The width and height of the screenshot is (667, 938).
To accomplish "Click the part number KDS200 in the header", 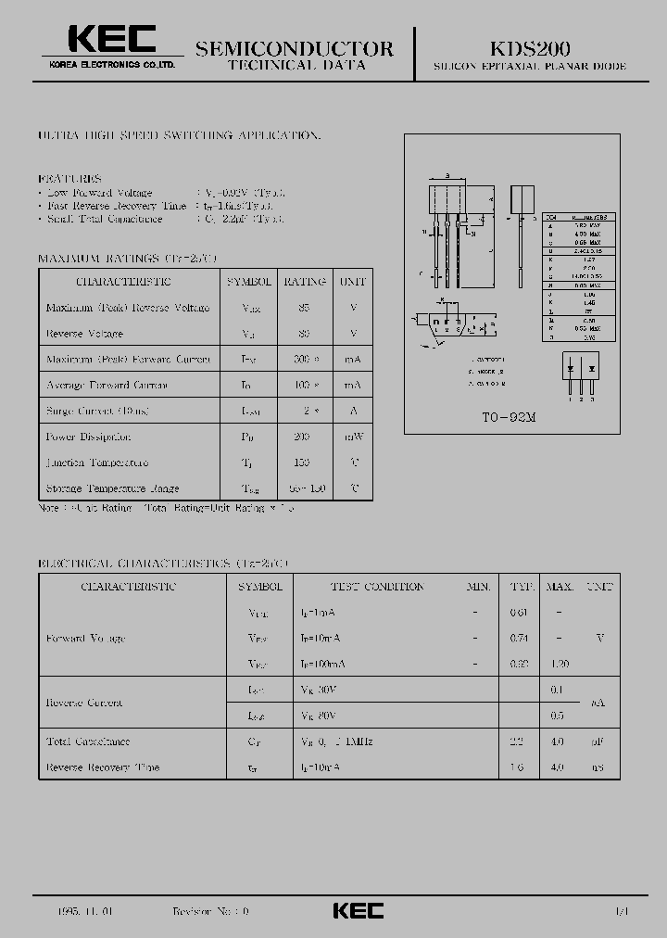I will pyautogui.click(x=530, y=47).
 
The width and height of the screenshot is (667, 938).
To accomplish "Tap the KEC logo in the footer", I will pyautogui.click(x=358, y=911).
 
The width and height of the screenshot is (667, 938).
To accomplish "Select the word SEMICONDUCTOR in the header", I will pyautogui.click(x=295, y=48).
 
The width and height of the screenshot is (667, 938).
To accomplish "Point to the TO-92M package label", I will pyautogui.click(x=502, y=418).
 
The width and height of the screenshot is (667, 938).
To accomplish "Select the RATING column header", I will pyautogui.click(x=305, y=281).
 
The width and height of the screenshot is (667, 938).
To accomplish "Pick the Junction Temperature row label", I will pyautogui.click(x=97, y=463).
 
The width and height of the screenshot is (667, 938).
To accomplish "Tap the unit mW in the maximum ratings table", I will pyautogui.click(x=353, y=437).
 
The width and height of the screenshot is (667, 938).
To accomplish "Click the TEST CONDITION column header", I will pyautogui.click(x=377, y=587).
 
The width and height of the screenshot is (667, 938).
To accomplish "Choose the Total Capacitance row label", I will pyautogui.click(x=88, y=742).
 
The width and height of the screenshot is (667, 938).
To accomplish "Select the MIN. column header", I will pyautogui.click(x=478, y=587).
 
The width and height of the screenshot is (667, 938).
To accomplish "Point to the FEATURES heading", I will pyautogui.click(x=69, y=178).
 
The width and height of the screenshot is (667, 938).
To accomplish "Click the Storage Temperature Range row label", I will pyautogui.click(x=112, y=488).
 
